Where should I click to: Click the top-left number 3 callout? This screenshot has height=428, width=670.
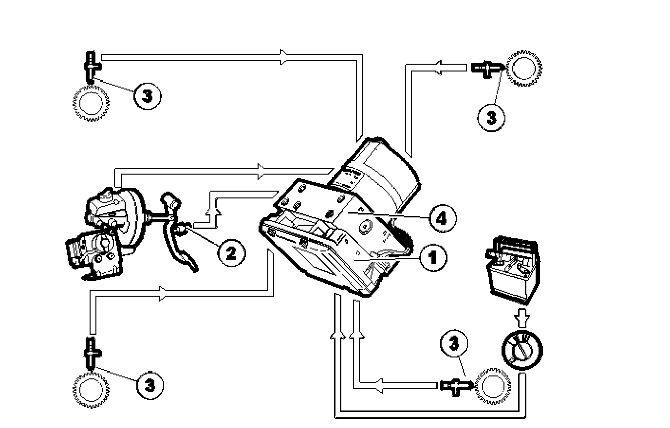(x=147, y=95)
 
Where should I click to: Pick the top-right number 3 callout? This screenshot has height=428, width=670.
(x=491, y=117)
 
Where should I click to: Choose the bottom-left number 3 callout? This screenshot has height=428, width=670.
(x=150, y=385)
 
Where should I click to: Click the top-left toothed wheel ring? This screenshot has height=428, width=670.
(x=91, y=103)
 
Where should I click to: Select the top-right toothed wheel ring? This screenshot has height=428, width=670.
(x=525, y=68)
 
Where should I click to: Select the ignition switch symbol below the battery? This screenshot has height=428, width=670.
(x=521, y=349)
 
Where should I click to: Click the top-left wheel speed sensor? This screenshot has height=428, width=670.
(x=92, y=65)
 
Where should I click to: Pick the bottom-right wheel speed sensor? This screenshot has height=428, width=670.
(x=456, y=386)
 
